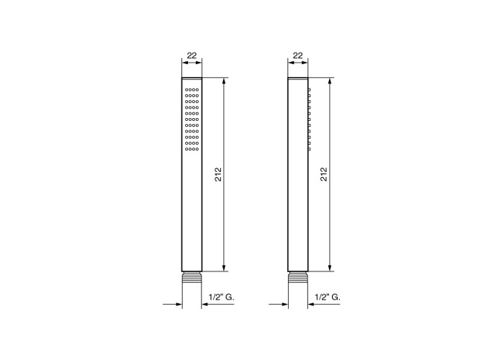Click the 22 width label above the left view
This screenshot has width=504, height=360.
tap(192, 55)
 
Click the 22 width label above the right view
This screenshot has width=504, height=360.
tap(298, 55)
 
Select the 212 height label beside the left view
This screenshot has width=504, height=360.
tap(218, 174)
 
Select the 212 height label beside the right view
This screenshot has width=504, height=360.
tap(324, 174)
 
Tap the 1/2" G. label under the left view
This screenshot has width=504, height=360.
tap(222, 297)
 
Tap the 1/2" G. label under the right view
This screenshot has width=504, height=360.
tap(328, 297)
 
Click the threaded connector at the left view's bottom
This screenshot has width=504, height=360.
tap(192, 277)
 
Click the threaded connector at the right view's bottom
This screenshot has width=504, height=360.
tap(298, 277)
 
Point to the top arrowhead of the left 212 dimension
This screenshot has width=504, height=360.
tap(224, 81)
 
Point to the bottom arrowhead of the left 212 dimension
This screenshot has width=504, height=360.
tap(224, 268)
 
